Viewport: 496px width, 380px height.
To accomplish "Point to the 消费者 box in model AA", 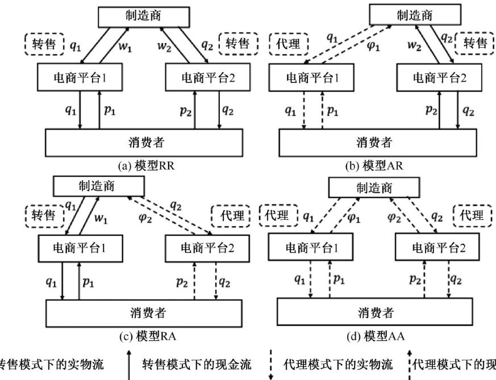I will [375, 312].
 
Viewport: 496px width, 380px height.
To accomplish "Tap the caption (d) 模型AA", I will [376, 336].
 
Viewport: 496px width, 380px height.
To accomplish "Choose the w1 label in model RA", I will [100, 218].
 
